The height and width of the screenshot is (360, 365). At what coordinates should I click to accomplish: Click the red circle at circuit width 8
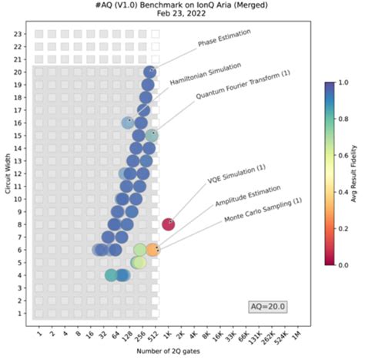[x=168, y=224]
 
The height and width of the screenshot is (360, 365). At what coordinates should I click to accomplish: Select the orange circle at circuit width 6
[x=152, y=250]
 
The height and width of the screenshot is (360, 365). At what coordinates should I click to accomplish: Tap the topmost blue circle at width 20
[x=151, y=72]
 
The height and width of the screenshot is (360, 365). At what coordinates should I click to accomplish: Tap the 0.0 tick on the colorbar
[x=340, y=264]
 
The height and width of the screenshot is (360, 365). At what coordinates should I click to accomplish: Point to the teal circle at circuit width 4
[x=112, y=275]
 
